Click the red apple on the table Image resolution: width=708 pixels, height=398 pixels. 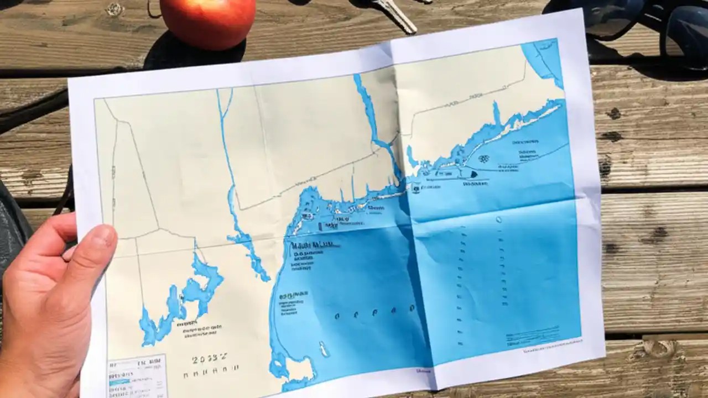(x=207, y=22)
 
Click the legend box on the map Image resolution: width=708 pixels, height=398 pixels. (x=137, y=376)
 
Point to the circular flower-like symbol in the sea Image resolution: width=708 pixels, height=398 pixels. (x=483, y=159)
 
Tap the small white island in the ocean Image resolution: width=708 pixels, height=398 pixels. (x=323, y=349)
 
